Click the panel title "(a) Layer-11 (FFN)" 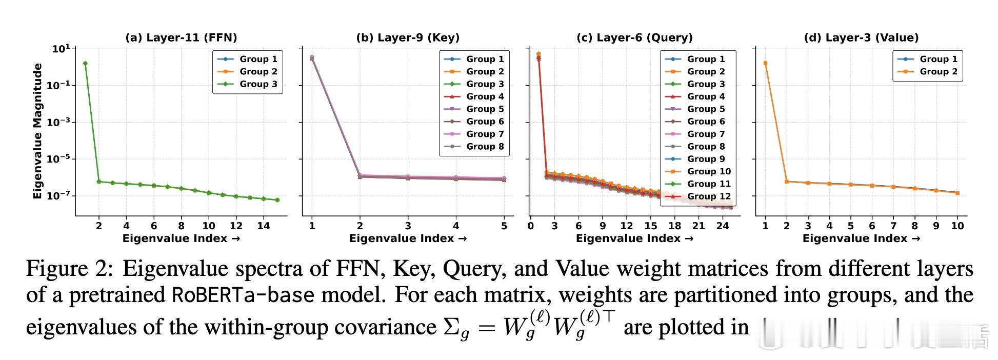[x=181, y=37]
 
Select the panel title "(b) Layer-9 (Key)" [x=408, y=37]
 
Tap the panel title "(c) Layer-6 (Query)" [x=634, y=37]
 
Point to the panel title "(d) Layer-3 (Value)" [x=861, y=37]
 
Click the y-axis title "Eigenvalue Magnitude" [x=37, y=131]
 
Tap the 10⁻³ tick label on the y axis [x=58, y=122]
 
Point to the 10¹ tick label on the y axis [x=61, y=49]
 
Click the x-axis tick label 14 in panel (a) [x=263, y=226]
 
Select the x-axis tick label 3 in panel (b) [x=408, y=226]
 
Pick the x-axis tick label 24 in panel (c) [x=723, y=226]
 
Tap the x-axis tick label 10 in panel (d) [x=957, y=226]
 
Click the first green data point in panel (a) [x=85, y=64]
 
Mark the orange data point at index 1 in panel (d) [x=765, y=64]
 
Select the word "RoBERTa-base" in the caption [x=242, y=295]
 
